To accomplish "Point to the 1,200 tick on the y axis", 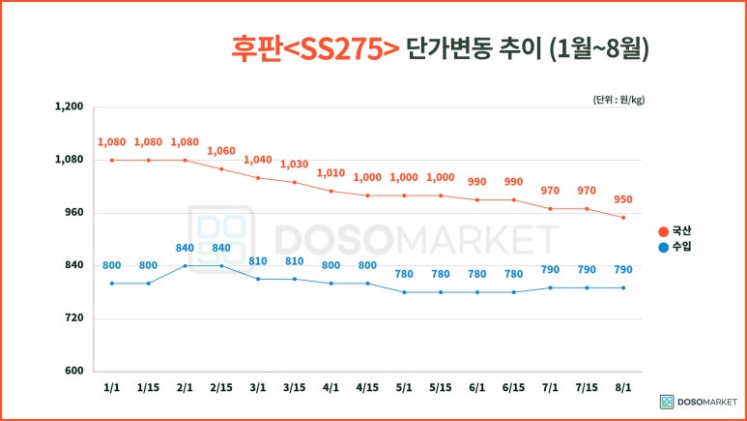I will (x=71, y=107).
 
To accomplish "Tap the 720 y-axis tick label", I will (x=73, y=318).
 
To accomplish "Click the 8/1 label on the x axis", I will (x=623, y=387).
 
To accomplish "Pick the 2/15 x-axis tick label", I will (x=221, y=387).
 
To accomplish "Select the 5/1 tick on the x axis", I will (x=404, y=387).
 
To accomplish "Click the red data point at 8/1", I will (x=623, y=218).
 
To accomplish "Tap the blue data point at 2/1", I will (x=185, y=265).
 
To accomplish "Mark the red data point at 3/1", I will (x=258, y=178).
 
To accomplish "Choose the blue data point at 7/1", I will (x=550, y=287).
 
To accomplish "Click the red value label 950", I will (x=623, y=200).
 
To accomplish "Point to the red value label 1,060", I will (x=221, y=151).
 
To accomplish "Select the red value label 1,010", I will (x=331, y=173).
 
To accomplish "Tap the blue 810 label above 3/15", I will (x=295, y=261).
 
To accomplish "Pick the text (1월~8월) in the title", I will (x=598, y=47).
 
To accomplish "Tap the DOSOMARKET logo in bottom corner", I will (x=698, y=401).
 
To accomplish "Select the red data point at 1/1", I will (x=112, y=160).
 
